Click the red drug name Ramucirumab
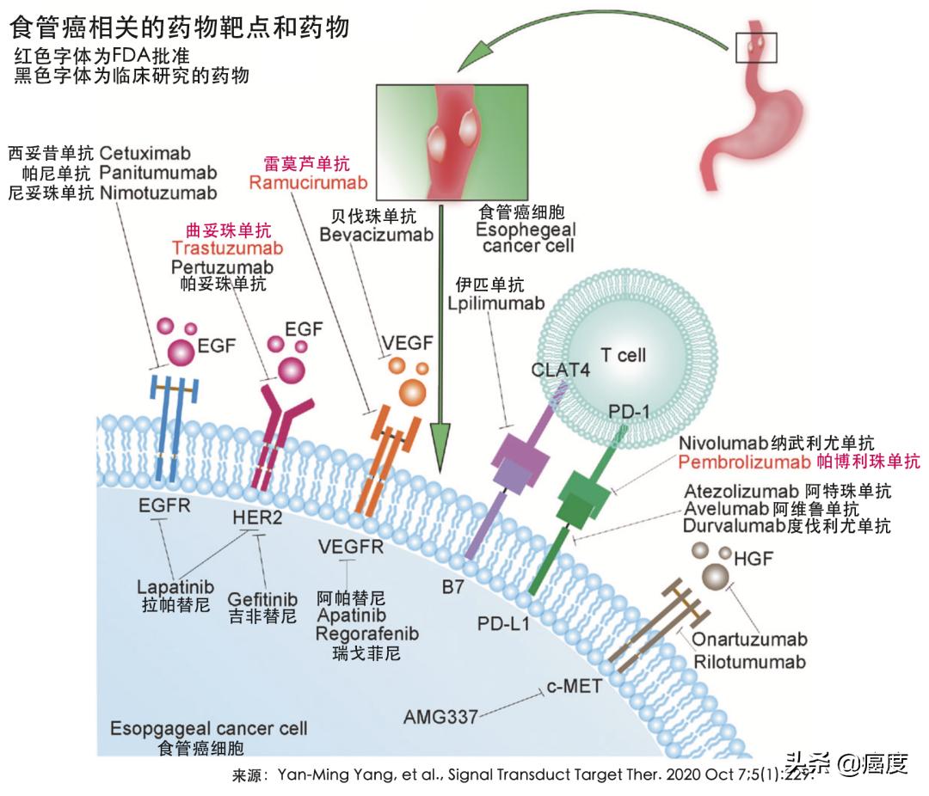coord(308,182)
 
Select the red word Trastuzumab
coord(228,248)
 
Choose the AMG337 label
coord(441,716)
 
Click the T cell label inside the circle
coord(622,354)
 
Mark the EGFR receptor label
coord(164,505)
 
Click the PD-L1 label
coord(503,621)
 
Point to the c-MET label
coord(574,688)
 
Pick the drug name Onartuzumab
coord(750,640)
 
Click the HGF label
coord(755,559)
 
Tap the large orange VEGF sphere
coord(412,392)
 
